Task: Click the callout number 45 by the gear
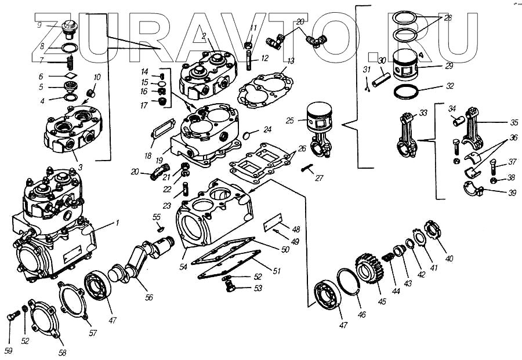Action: pyautogui.click(x=382, y=301)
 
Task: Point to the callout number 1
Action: pyautogui.click(x=117, y=223)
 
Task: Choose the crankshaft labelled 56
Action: pyautogui.click(x=139, y=267)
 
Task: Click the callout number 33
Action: pyautogui.click(x=423, y=112)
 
